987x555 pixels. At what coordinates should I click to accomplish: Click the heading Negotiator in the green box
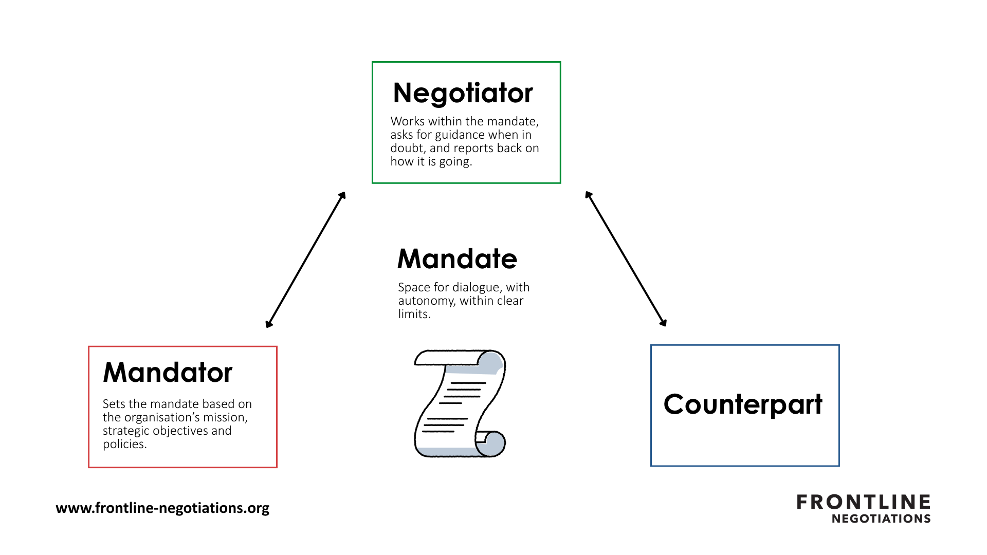tap(463, 94)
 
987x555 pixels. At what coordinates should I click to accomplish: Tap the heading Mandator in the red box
tap(168, 372)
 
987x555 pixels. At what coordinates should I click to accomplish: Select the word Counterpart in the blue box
tap(743, 404)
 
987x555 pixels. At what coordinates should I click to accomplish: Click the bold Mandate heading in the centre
tap(457, 258)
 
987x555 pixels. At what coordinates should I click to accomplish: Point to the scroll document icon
tap(460, 403)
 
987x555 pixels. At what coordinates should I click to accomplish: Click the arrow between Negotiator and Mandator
tap(305, 260)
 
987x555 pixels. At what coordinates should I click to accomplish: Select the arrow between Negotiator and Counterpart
tap(626, 259)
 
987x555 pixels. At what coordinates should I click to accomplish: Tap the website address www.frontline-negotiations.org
tap(162, 508)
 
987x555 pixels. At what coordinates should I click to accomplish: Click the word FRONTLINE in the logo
tap(864, 502)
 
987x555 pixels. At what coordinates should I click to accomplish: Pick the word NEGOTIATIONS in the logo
tap(881, 519)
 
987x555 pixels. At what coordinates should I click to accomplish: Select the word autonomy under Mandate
tap(427, 301)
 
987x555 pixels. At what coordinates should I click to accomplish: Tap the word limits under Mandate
tap(414, 314)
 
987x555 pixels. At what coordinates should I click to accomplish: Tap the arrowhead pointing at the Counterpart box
tap(663, 323)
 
